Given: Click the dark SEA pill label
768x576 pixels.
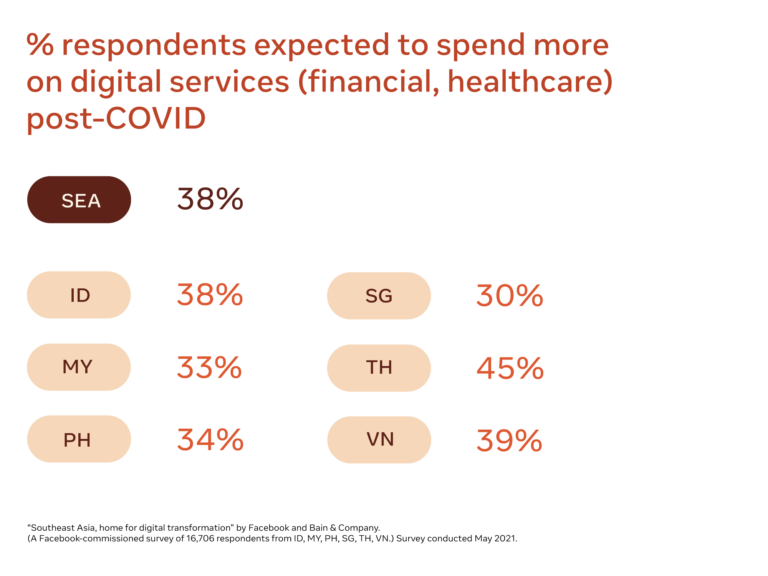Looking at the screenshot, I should coord(79,200).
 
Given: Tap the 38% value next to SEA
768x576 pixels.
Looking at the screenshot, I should coord(210,200).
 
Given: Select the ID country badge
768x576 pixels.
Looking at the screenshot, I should coord(79,295).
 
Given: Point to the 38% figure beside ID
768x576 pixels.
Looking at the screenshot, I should coord(210,295).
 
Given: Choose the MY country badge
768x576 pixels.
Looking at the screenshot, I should coord(79,367).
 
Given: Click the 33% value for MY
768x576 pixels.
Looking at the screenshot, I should coord(210,367).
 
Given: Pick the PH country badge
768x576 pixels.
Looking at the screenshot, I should coord(79,439).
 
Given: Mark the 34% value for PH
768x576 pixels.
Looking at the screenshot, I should coord(210,439).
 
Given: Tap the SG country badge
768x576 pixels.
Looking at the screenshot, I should coord(379,295).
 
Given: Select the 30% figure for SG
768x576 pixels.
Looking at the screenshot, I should coord(510,295).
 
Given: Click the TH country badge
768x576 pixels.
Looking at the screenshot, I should coord(379,367).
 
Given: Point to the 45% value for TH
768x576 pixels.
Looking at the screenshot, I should coord(510,367).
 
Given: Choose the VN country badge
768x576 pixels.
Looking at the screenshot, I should coord(379,439).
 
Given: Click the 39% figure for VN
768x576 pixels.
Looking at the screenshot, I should coord(510,439).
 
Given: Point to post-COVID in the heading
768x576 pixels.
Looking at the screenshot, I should coord(116,119).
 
